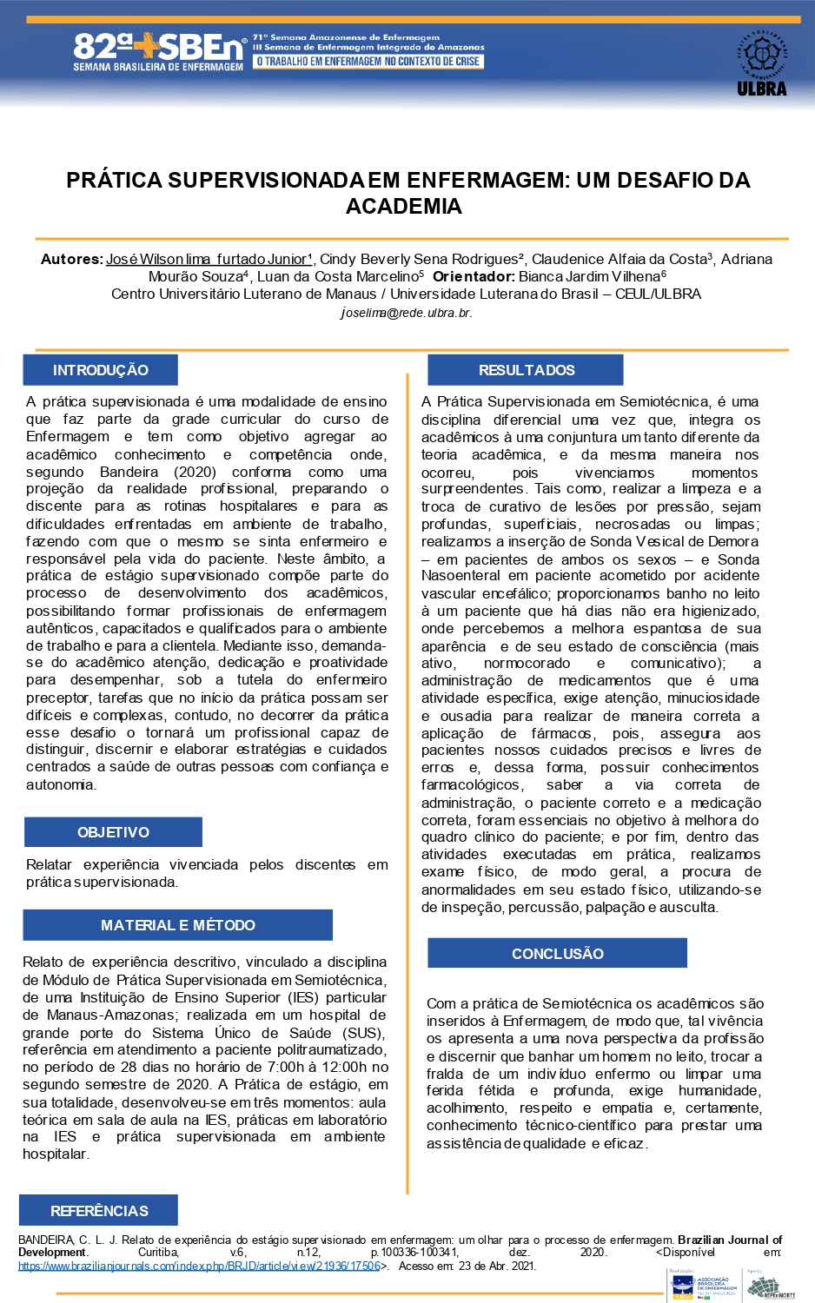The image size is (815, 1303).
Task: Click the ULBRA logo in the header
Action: point(761,63)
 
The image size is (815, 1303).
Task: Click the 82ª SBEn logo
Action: point(158,52)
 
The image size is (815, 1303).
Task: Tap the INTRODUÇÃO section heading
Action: point(100,370)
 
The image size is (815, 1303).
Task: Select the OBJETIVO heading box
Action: point(113,832)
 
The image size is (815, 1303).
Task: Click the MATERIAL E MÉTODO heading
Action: point(177,925)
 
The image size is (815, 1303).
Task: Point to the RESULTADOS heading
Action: point(526,370)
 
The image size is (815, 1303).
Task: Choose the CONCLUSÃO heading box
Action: point(557,953)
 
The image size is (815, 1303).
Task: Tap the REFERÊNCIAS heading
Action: point(99,1210)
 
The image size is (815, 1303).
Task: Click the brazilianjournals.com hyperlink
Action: point(199,1266)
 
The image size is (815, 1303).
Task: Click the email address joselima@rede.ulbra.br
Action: point(406,313)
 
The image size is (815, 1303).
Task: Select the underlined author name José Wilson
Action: point(207,259)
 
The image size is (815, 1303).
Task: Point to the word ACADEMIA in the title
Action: point(404,207)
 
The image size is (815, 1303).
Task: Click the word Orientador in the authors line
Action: point(474,276)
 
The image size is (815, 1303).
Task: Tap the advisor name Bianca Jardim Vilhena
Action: point(590,276)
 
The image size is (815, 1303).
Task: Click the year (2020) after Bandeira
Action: point(195,472)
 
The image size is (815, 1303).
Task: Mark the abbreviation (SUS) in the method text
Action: point(361,1033)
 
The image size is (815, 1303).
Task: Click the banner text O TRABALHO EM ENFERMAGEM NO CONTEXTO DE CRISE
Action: point(368,62)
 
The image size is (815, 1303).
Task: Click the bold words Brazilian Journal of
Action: point(730,1240)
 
